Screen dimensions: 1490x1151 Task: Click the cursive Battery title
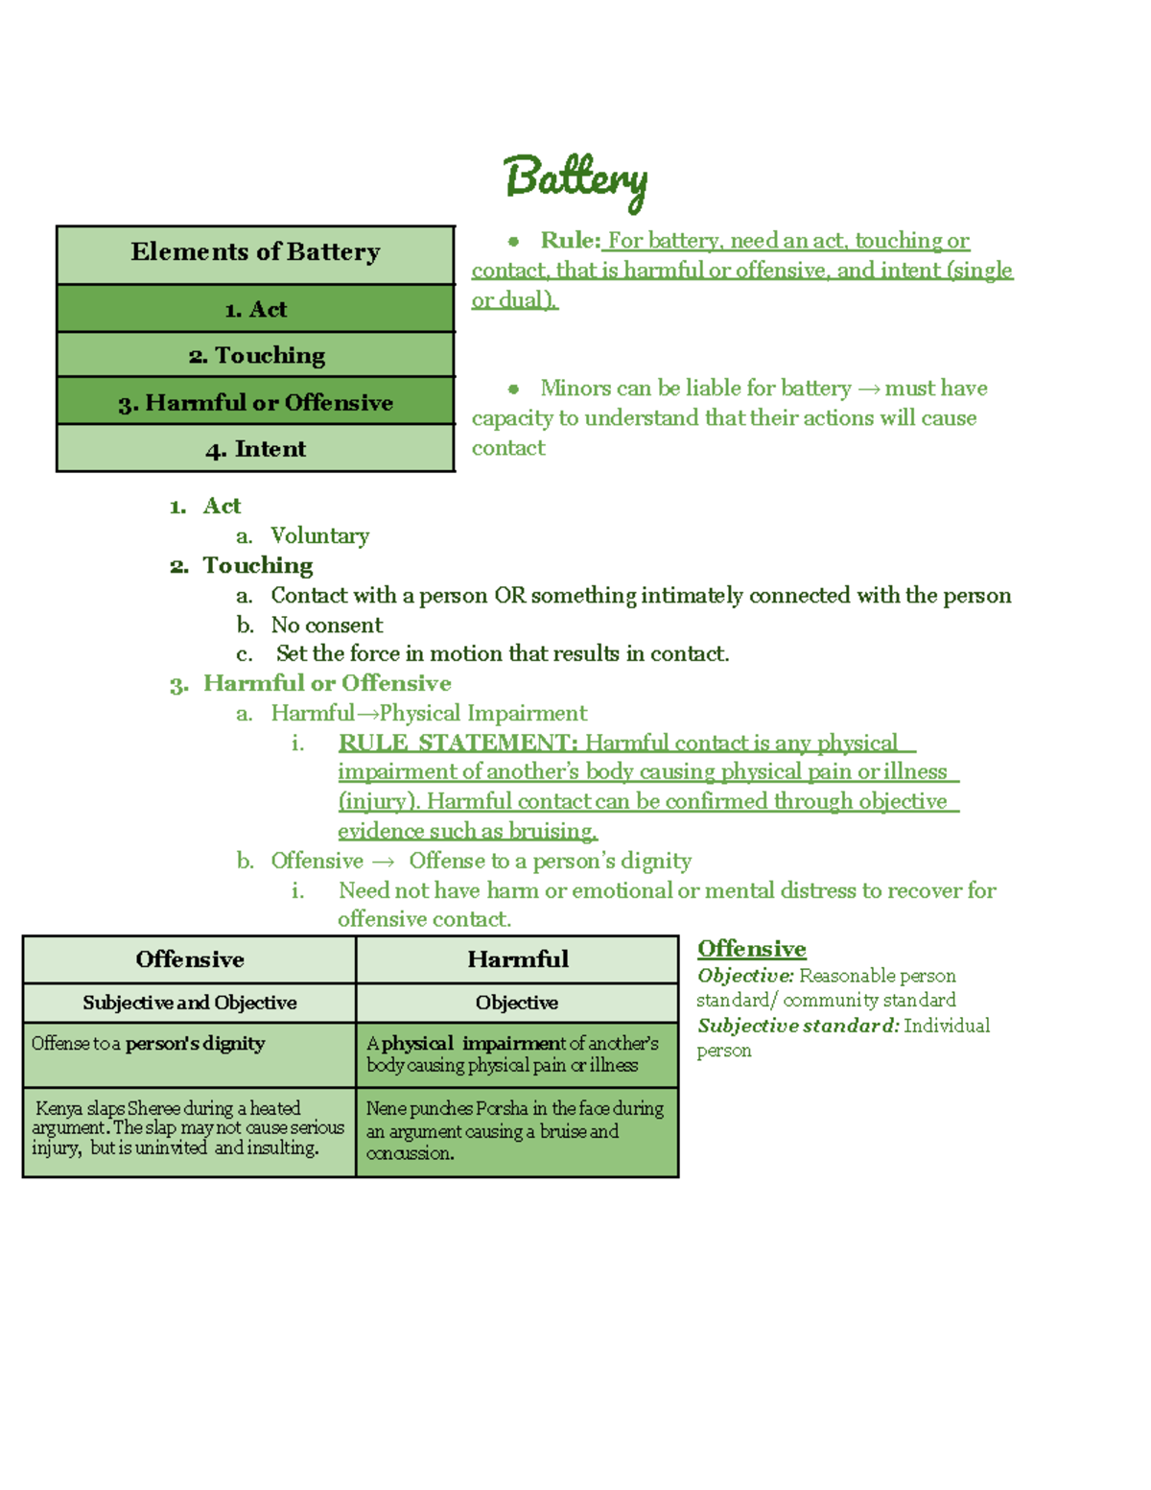pyautogui.click(x=575, y=179)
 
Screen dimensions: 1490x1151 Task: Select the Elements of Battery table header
pyautogui.click(x=255, y=253)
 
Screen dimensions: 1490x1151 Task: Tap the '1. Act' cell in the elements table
pyautogui.click(x=255, y=309)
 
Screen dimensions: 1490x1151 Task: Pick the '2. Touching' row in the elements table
pyautogui.click(x=255, y=355)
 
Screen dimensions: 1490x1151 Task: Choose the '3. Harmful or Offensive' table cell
pyautogui.click(x=255, y=402)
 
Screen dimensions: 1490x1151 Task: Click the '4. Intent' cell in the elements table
pyautogui.click(x=255, y=448)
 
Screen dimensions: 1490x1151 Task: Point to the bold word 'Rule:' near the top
pyautogui.click(x=570, y=240)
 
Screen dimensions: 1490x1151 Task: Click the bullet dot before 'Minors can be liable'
pyautogui.click(x=514, y=389)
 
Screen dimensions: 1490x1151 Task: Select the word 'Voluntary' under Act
pyautogui.click(x=319, y=535)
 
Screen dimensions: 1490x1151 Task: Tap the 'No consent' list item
pyautogui.click(x=326, y=625)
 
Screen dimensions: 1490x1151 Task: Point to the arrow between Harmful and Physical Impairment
pyautogui.click(x=367, y=714)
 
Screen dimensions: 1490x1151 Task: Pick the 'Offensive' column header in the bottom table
pyautogui.click(x=190, y=959)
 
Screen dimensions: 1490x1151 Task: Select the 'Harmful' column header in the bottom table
pyautogui.click(x=517, y=959)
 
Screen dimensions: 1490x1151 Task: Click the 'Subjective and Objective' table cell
pyautogui.click(x=190, y=1003)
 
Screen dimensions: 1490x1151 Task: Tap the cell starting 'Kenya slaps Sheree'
pyautogui.click(x=188, y=1128)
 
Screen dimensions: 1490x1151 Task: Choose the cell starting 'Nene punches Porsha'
pyautogui.click(x=515, y=1130)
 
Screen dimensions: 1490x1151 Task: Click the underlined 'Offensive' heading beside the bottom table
pyautogui.click(x=751, y=949)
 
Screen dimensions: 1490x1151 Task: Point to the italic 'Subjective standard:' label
pyautogui.click(x=798, y=1026)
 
